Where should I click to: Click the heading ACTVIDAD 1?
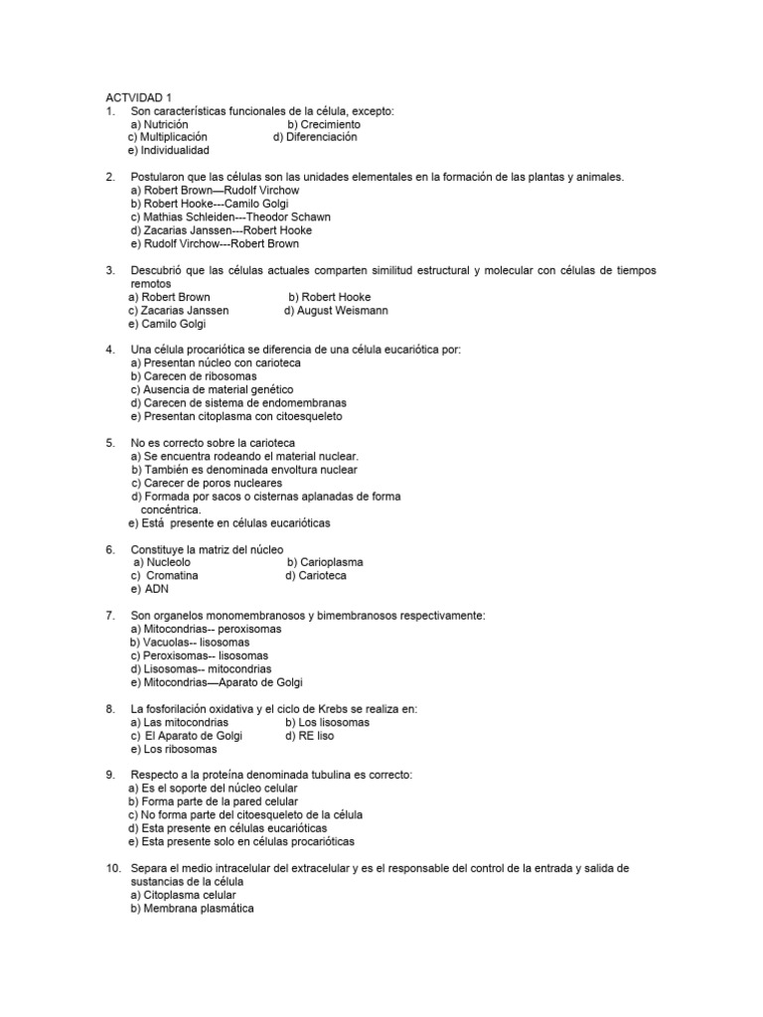pyautogui.click(x=139, y=97)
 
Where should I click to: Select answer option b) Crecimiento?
pyautogui.click(x=324, y=124)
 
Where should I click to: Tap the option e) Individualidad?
pyautogui.click(x=169, y=151)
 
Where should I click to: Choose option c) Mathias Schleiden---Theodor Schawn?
pyautogui.click(x=230, y=217)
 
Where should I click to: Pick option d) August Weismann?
pyautogui.click(x=336, y=310)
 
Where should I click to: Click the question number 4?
pyautogui.click(x=110, y=350)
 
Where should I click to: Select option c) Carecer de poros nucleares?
pyautogui.click(x=207, y=483)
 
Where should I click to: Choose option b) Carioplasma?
pyautogui.click(x=325, y=562)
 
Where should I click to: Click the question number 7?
pyautogui.click(x=110, y=616)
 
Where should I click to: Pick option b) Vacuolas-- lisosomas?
pyautogui.click(x=190, y=642)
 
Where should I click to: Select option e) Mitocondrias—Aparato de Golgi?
pyautogui.click(x=217, y=682)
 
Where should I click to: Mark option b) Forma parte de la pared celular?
pyautogui.click(x=214, y=801)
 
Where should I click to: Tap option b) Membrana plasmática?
pyautogui.click(x=193, y=908)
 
